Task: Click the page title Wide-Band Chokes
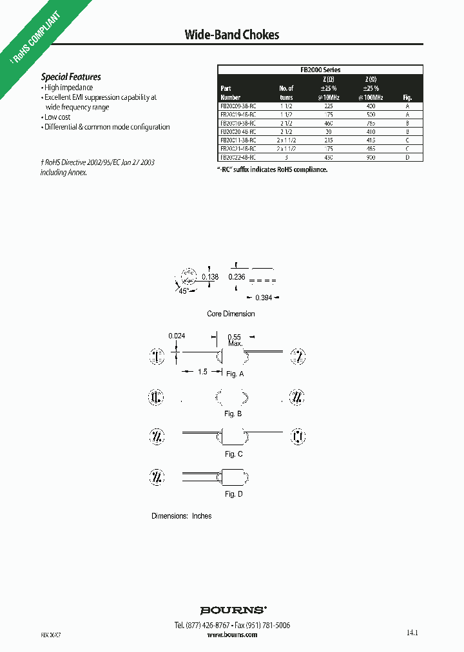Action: (232, 35)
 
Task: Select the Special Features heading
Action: (71, 77)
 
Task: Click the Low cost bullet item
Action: (57, 117)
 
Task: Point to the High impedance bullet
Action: (68, 88)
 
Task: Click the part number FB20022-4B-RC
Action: (238, 157)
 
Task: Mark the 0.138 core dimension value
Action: (210, 277)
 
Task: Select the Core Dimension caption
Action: (231, 314)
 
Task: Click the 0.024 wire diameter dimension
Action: (177, 336)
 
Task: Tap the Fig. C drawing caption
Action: (234, 454)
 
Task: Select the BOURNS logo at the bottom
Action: (233, 609)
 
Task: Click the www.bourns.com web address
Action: (233, 635)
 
